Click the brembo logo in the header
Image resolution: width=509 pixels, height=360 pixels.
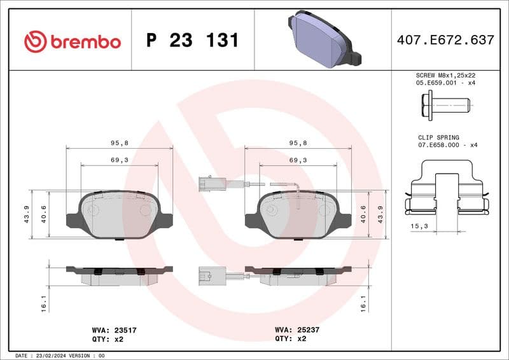click(x=72, y=42)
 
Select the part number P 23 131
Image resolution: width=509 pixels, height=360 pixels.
click(x=192, y=41)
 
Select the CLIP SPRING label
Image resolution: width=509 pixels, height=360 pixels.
click(x=438, y=137)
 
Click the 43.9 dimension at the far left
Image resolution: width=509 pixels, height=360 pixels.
click(x=27, y=214)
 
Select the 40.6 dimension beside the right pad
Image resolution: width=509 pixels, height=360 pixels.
click(x=363, y=214)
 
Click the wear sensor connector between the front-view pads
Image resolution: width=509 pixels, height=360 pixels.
click(x=207, y=184)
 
